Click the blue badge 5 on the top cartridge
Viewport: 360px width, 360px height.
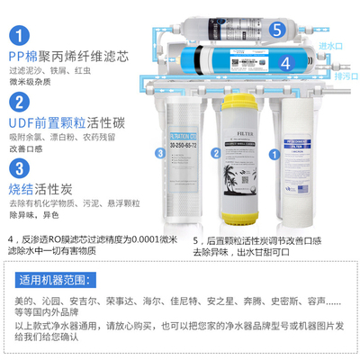[278, 30]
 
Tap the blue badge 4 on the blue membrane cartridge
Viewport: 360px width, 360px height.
[285, 63]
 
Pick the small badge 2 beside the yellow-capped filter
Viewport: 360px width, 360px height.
[216, 156]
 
